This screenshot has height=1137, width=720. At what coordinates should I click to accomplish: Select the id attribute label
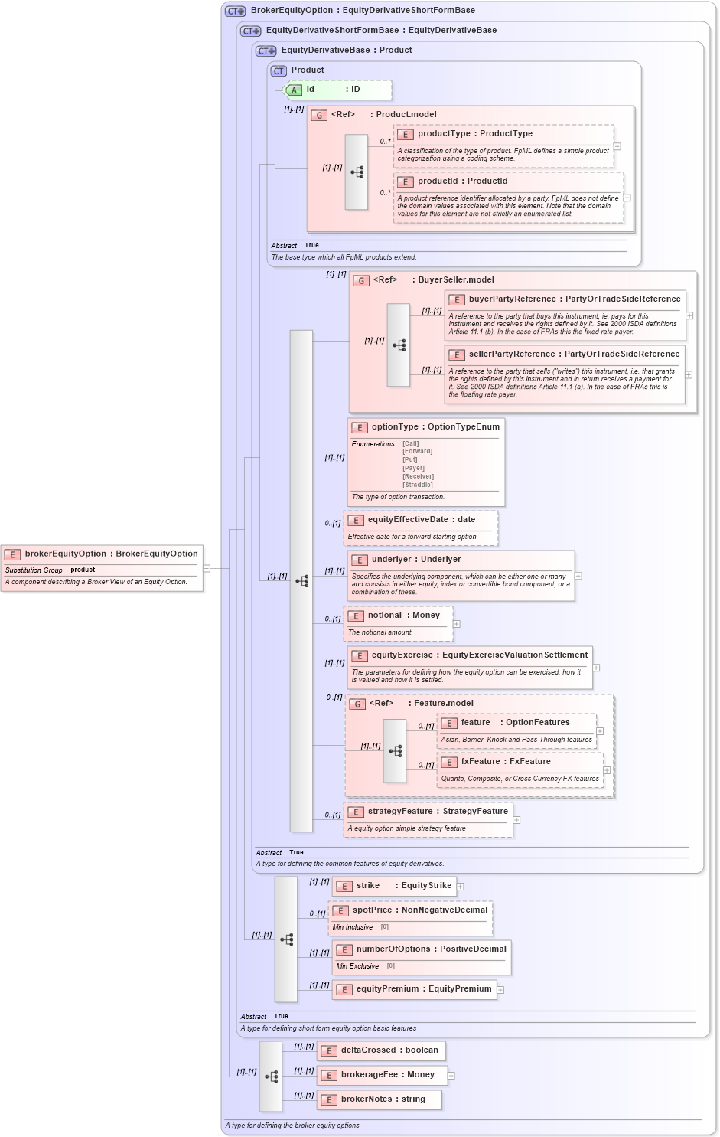[310, 90]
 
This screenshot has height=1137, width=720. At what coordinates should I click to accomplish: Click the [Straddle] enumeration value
[418, 485]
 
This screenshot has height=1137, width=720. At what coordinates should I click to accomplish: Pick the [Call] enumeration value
[411, 443]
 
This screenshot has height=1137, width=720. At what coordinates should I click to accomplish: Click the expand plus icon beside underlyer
[578, 576]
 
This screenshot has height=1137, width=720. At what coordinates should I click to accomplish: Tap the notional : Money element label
[403, 616]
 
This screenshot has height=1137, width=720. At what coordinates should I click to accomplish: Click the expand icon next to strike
[461, 887]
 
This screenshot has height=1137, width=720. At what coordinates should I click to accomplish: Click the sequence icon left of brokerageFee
[271, 1077]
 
